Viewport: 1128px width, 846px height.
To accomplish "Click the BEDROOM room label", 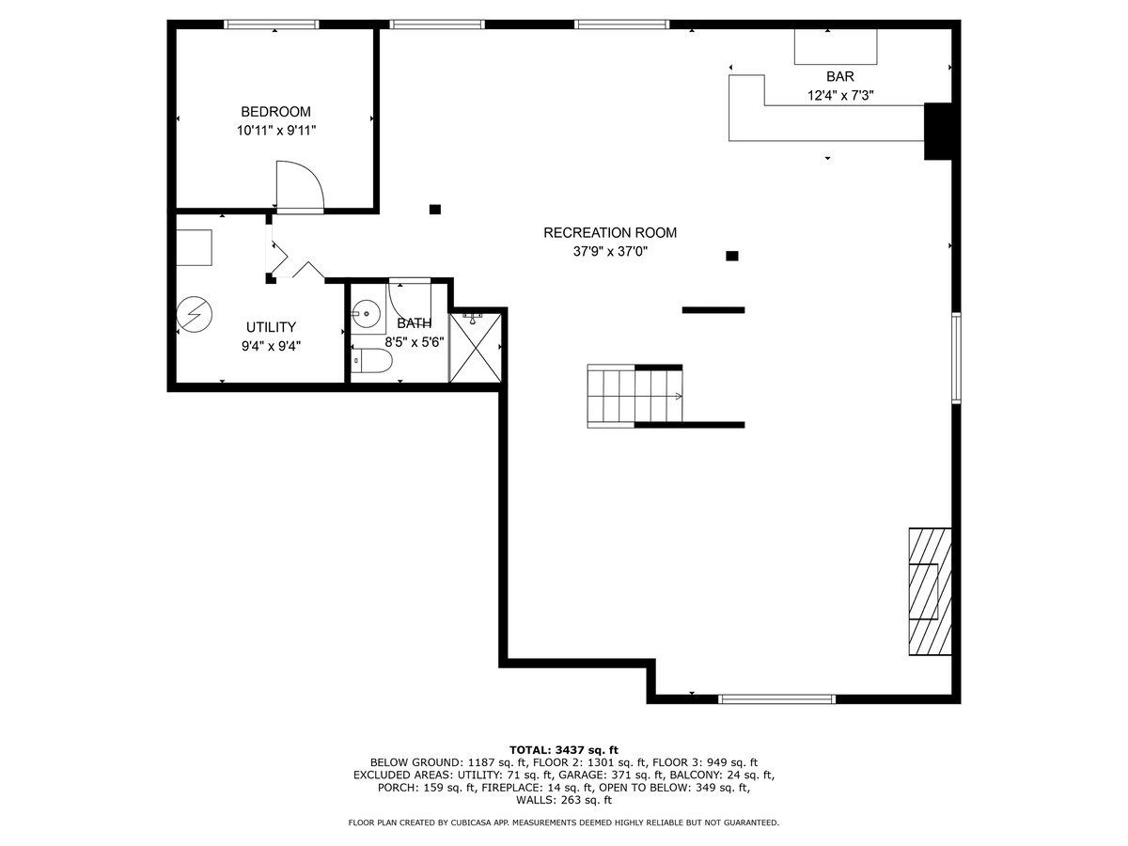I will point(275,111).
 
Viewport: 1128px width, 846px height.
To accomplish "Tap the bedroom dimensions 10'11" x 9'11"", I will point(275,131).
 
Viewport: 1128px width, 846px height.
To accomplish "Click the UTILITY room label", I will point(271,327).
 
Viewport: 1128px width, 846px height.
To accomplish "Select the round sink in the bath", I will point(366,313).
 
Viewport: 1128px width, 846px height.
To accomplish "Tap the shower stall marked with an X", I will point(478,346).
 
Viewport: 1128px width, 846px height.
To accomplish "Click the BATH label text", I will point(414,323).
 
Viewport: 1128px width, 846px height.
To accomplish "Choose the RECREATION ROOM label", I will point(609,233).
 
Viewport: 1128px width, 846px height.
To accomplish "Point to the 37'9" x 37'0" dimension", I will point(610,251).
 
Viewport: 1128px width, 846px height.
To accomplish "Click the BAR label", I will point(840,76).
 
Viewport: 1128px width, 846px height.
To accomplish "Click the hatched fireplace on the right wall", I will point(929,591).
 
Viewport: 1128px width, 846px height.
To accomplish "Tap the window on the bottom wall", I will point(776,698).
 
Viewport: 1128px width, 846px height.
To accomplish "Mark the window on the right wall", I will point(956,358).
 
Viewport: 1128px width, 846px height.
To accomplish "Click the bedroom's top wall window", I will point(272,24).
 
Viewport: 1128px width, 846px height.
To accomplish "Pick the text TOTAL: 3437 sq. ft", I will point(563,749).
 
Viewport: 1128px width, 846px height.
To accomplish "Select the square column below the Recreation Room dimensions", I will point(732,256).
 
